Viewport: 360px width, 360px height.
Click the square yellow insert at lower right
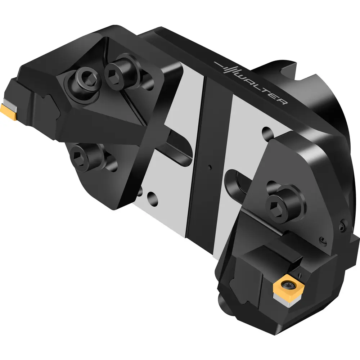coord(289,286)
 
